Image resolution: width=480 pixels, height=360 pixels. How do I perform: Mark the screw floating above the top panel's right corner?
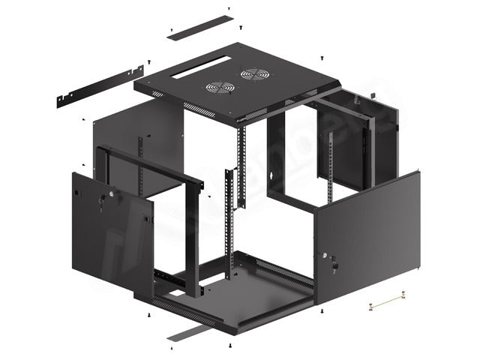coord(322,57)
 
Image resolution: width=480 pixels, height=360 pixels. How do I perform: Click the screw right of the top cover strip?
coord(229,10)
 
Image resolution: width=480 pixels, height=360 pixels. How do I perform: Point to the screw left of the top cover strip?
coord(169,31)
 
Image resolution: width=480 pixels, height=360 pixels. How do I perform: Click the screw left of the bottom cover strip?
coord(169,349)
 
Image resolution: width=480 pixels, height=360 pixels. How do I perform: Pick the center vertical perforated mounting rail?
coord(242,169)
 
